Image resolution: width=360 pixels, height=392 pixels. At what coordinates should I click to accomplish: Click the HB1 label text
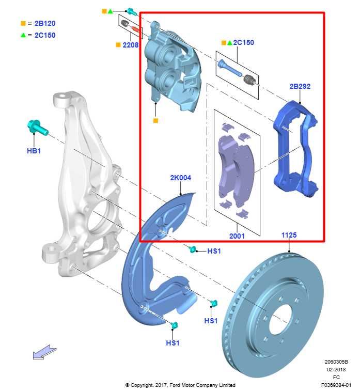pyautogui.click(x=34, y=151)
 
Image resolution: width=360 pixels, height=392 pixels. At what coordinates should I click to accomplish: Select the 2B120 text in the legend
pyautogui.click(x=44, y=24)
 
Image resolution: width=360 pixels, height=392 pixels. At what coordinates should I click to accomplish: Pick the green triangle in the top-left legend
pyautogui.click(x=23, y=35)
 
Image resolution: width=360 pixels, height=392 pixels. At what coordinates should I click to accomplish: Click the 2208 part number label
pyautogui.click(x=131, y=45)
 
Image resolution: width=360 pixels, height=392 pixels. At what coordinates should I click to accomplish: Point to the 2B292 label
pyautogui.click(x=300, y=86)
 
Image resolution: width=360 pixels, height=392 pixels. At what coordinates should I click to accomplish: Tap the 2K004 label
pyautogui.click(x=180, y=178)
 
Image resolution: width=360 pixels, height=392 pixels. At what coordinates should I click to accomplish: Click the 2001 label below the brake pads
pyautogui.click(x=237, y=236)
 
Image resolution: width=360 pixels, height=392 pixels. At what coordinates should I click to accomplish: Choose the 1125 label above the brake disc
pyautogui.click(x=289, y=235)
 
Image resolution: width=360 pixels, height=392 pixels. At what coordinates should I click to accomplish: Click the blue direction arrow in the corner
pyautogui.click(x=44, y=353)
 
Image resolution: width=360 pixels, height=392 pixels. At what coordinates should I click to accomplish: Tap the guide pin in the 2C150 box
pyautogui.click(x=228, y=68)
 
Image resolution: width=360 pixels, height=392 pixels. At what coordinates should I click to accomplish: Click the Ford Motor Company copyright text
pyautogui.click(x=180, y=385)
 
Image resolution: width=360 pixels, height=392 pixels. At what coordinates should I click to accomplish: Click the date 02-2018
pyautogui.click(x=336, y=369)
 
